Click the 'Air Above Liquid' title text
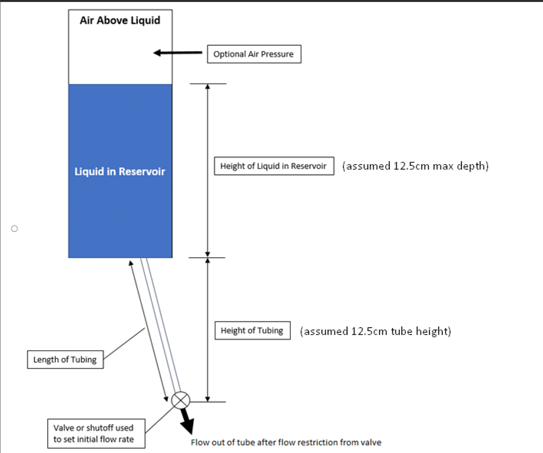click(x=120, y=21)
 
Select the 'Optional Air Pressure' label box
click(x=254, y=54)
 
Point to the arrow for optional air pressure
click(x=178, y=53)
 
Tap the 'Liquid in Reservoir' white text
click(x=120, y=171)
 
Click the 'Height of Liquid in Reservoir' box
click(x=274, y=166)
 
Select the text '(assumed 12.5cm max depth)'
click(x=415, y=166)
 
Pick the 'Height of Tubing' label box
click(x=253, y=331)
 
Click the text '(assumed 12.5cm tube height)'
click(x=375, y=331)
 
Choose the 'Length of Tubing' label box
click(x=66, y=360)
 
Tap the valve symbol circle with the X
click(x=181, y=400)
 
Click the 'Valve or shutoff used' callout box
click(x=96, y=433)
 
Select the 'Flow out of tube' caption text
click(x=286, y=442)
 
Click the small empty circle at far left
click(x=14, y=229)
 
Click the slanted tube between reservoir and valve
click(x=161, y=325)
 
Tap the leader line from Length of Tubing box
click(x=124, y=344)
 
